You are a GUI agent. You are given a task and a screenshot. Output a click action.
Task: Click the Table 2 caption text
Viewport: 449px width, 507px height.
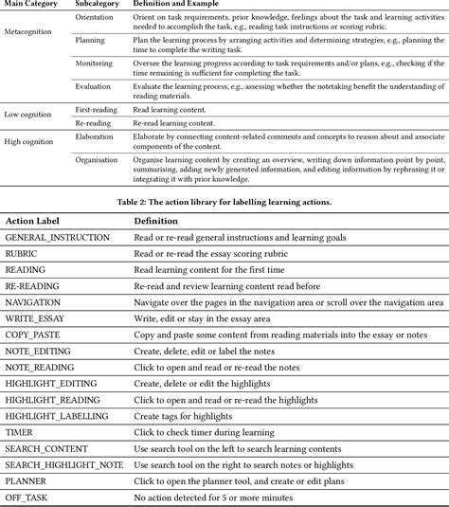click(224, 201)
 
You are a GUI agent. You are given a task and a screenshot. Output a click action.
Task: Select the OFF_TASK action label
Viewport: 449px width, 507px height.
click(29, 499)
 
